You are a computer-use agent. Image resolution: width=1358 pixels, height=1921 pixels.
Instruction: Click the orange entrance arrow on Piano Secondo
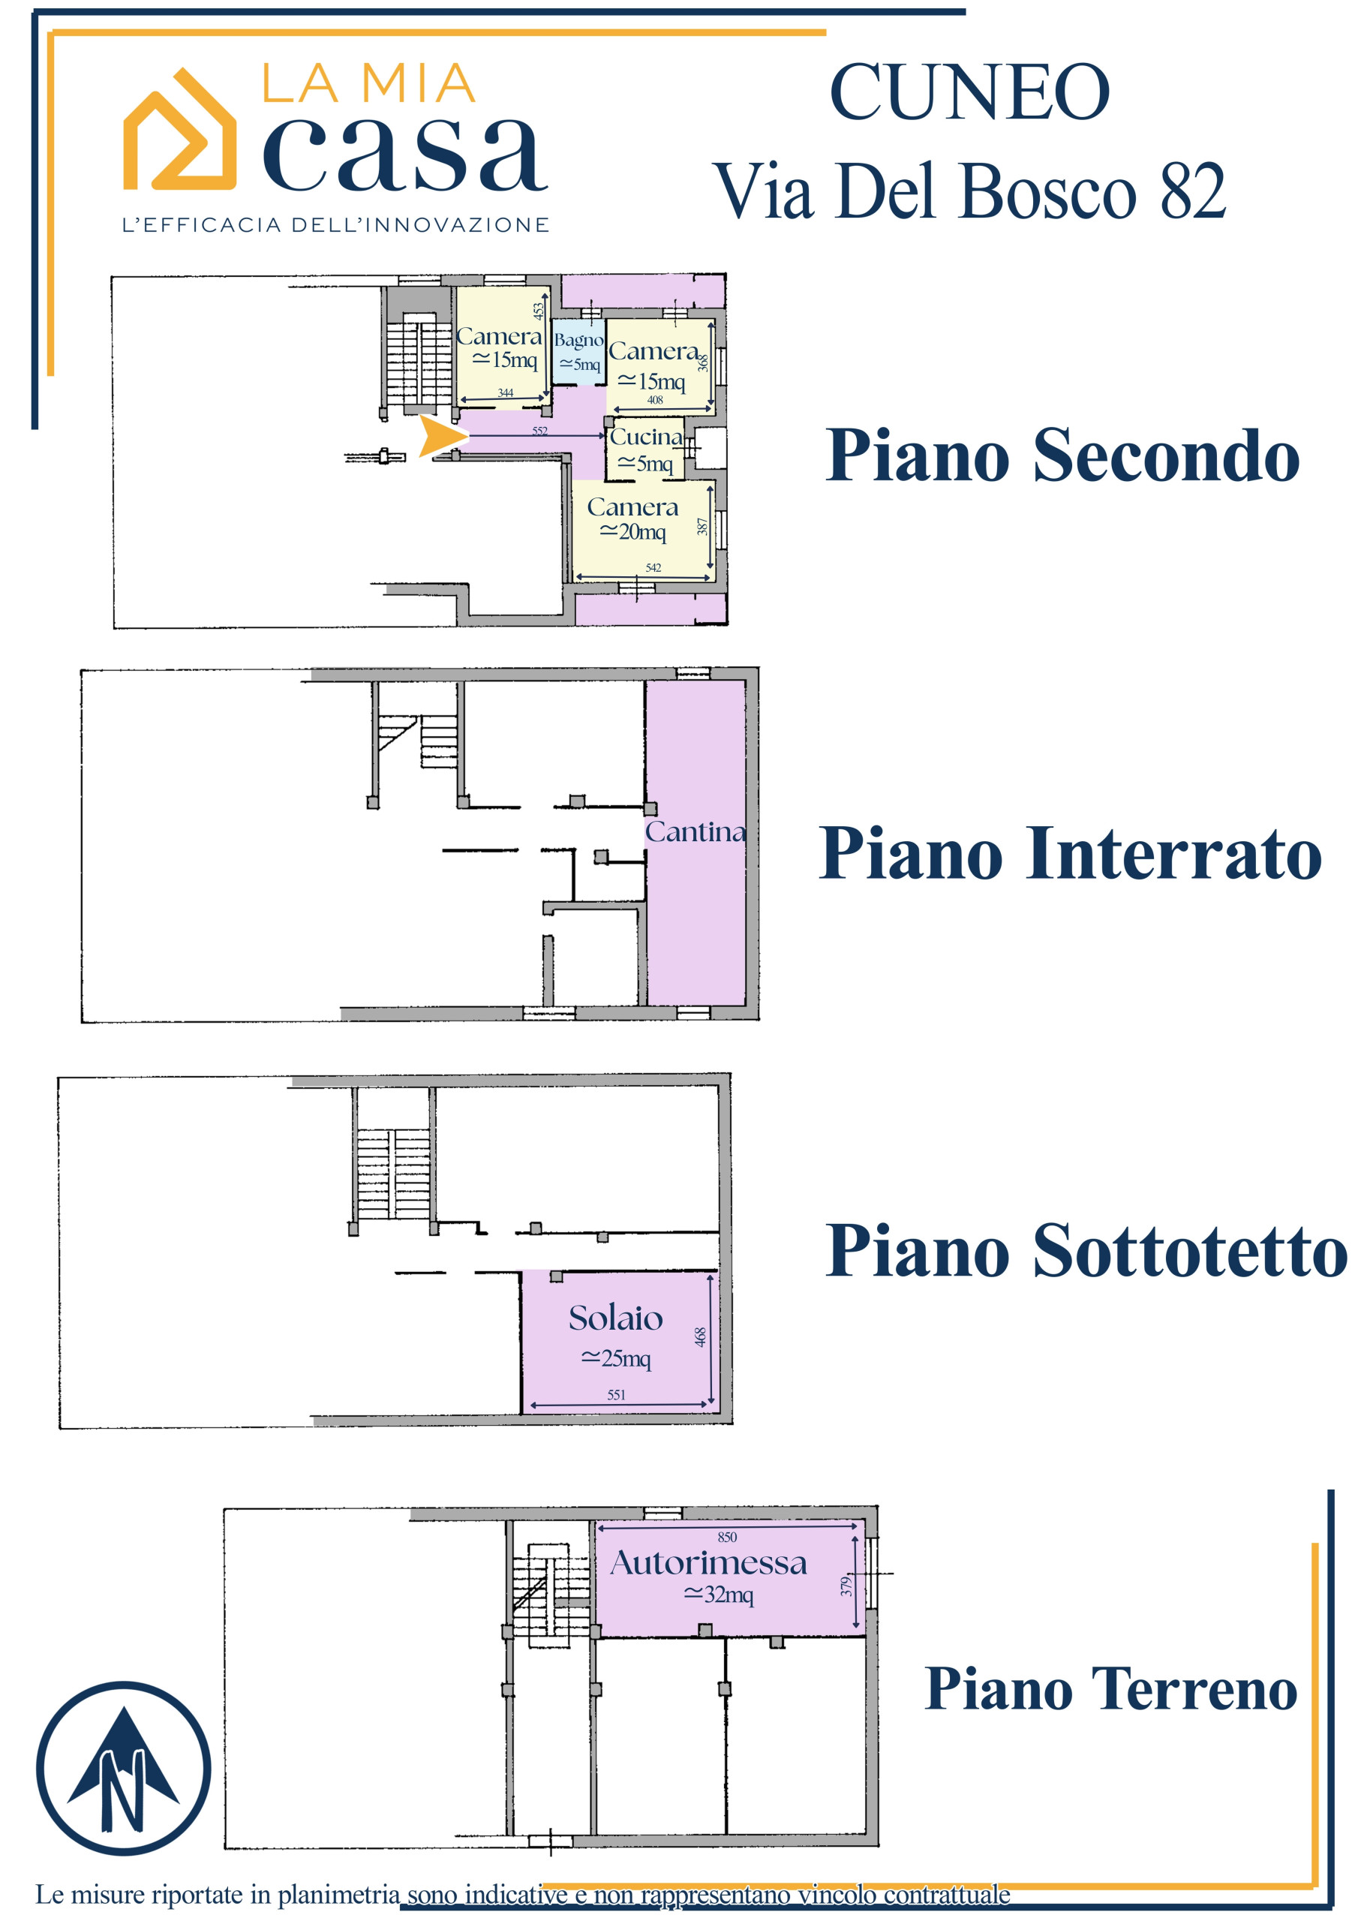coord(440,436)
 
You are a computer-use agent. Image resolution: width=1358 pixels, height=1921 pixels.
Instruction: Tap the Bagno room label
coord(578,341)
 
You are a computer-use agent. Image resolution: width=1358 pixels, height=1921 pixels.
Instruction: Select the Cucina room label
coord(646,437)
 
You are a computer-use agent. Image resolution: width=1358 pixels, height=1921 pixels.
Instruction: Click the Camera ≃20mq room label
coord(632,519)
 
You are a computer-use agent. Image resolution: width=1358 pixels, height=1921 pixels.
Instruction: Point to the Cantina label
coord(695,832)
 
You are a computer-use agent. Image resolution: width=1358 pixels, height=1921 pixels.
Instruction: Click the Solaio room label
coord(616,1318)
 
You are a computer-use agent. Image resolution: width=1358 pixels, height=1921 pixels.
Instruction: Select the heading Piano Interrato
coord(1070,853)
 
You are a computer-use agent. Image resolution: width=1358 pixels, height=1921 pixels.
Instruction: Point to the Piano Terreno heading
coord(1110,1688)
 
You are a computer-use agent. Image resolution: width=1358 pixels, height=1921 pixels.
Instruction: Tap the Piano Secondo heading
coord(1062,455)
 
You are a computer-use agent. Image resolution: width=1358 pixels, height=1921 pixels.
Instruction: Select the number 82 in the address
coord(1192,191)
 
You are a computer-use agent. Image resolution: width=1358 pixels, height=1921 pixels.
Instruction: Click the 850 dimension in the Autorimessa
coord(727,1537)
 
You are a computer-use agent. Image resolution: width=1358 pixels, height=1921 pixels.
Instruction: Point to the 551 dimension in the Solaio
coord(616,1395)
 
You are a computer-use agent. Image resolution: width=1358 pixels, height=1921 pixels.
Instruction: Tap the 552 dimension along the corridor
coord(539,431)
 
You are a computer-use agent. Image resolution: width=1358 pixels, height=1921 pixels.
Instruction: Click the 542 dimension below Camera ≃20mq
coord(653,567)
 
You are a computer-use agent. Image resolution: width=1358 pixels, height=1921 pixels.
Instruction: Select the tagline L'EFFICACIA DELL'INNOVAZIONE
coord(335,224)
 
